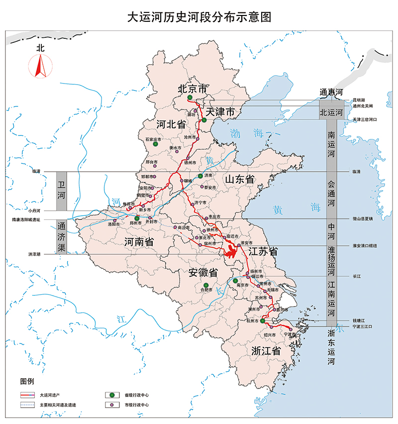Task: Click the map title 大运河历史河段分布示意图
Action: click(x=199, y=16)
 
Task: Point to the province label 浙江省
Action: click(x=266, y=350)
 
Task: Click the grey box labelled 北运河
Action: click(x=331, y=113)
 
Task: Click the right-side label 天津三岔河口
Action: click(x=365, y=120)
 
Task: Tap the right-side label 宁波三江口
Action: click(x=362, y=326)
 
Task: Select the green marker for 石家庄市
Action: click(x=155, y=144)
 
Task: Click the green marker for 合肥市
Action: click(x=202, y=285)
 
